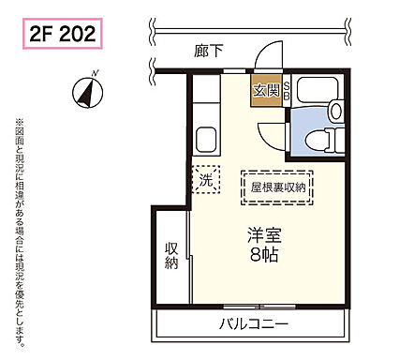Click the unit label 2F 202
point(61,37)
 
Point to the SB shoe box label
point(285,90)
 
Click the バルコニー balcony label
point(255,325)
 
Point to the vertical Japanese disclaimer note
point(17,225)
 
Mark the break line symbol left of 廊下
point(154,67)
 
